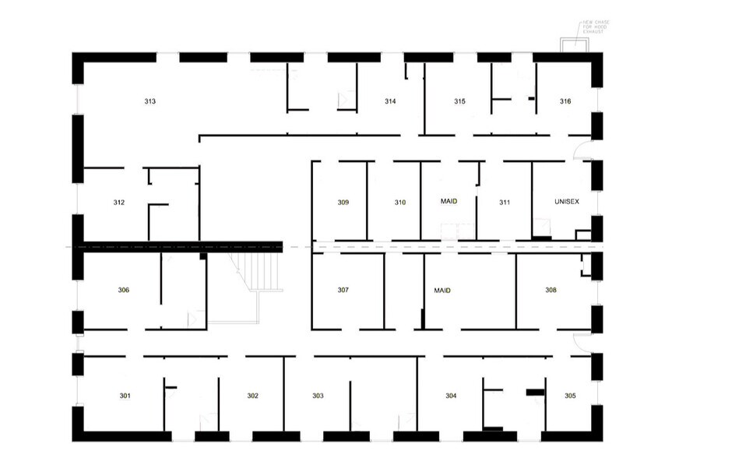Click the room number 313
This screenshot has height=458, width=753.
point(150,102)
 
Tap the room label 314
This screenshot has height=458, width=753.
point(391,102)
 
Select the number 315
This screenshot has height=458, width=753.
point(460,102)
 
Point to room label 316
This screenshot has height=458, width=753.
point(566,102)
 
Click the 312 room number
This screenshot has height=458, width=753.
point(119,203)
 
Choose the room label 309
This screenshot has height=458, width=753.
point(343,203)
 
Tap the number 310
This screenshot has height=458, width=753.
point(400,203)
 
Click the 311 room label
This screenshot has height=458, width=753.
point(505,203)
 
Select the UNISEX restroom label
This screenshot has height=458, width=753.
point(567,202)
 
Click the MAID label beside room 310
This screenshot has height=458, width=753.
point(449,201)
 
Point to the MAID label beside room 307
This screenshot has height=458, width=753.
point(442,291)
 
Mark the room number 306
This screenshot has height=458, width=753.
point(124,291)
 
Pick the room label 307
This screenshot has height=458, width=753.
point(343,291)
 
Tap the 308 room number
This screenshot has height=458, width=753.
point(551,290)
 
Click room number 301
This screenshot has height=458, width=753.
point(125,396)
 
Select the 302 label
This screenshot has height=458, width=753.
point(253,396)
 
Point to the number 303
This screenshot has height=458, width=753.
point(318,396)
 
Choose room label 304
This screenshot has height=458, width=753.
point(451,396)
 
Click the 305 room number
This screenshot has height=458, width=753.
point(571,396)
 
